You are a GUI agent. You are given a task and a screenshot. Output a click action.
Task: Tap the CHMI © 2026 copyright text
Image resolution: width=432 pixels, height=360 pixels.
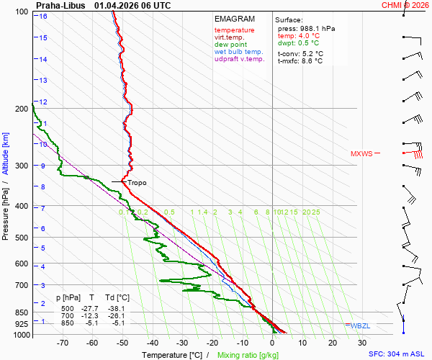[x=406, y=5]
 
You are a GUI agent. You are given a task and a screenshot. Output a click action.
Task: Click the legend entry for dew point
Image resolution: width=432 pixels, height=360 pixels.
[x=230, y=45]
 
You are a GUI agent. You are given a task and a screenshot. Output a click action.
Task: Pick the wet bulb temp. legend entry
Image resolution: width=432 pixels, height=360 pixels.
[x=239, y=52]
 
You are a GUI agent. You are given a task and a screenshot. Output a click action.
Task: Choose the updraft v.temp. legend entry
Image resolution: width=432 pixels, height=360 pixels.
[x=240, y=59]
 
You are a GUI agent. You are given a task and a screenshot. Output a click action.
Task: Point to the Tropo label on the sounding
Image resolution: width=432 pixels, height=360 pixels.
[x=137, y=183]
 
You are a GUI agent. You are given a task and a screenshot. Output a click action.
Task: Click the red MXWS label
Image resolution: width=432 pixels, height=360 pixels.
[x=361, y=153]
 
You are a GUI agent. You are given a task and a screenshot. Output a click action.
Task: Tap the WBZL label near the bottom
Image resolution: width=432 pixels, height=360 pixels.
[x=359, y=326]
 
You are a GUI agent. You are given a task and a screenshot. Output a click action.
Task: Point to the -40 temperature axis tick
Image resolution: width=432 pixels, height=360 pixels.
[x=152, y=343]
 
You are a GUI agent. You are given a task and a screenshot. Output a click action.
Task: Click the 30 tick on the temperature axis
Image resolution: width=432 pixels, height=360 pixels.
[x=362, y=343]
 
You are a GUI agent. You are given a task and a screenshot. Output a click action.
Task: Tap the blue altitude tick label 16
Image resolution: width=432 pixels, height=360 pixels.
[x=43, y=16]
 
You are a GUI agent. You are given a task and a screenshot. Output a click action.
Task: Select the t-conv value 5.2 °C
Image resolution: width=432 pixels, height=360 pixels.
[x=300, y=53]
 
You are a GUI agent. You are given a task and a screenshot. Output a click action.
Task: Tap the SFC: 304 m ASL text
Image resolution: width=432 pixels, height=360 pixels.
[x=398, y=354]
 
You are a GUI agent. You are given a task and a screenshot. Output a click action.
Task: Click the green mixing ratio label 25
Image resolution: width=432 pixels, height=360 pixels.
[x=315, y=212]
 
